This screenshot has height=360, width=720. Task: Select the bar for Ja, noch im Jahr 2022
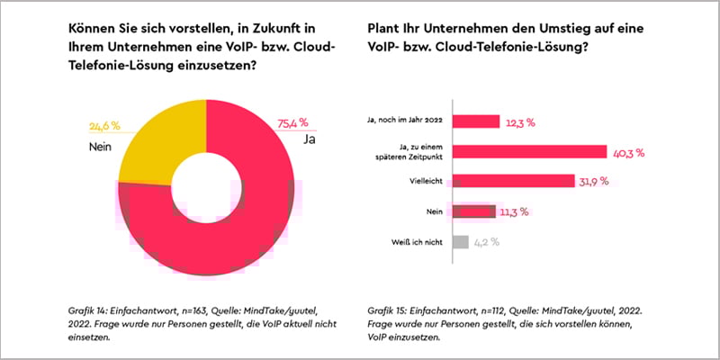[474, 121]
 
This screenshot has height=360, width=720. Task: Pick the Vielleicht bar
[512, 181]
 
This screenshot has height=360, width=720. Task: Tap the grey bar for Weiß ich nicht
[460, 241]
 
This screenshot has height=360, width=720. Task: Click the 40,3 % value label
[628, 153]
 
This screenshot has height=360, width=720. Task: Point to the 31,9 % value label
[594, 182]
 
